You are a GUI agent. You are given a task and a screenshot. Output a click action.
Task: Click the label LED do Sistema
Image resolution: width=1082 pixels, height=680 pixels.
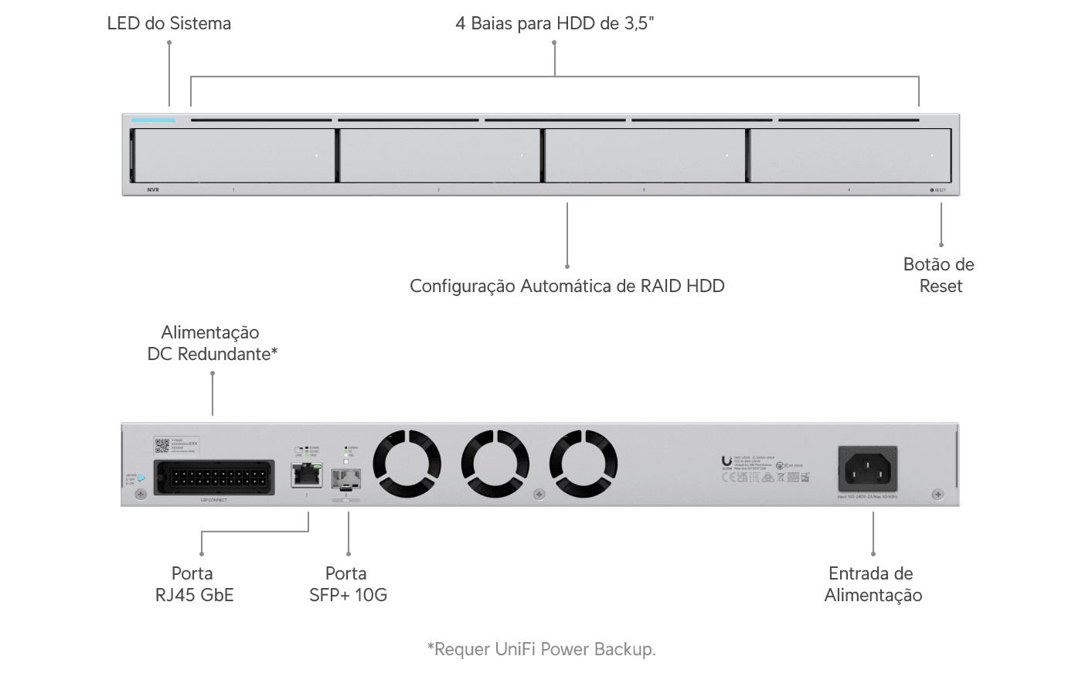point(168,23)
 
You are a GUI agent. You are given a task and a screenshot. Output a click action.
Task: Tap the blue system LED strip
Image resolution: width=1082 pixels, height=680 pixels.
point(153,120)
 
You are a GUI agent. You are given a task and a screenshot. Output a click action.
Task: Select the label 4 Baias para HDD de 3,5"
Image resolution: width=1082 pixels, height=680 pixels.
point(555,23)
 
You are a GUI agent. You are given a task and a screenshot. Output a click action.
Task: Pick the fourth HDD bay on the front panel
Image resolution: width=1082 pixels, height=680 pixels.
point(849,155)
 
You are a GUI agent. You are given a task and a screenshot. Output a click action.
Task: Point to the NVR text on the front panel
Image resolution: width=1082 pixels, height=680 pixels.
point(152,189)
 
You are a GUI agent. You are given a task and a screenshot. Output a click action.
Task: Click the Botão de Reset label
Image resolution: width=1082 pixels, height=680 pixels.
point(939,275)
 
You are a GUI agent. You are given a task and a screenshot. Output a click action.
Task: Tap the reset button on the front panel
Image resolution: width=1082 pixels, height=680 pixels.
point(932,190)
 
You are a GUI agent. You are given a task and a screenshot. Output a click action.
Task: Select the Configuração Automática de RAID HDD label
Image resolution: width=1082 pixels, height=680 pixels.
point(567,286)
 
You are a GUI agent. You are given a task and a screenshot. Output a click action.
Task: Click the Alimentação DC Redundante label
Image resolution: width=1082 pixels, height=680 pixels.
point(212,343)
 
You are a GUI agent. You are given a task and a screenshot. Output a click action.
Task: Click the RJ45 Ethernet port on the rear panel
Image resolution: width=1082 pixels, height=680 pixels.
point(307,474)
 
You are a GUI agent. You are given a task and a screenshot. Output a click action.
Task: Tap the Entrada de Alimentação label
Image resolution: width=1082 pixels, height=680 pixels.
point(873,584)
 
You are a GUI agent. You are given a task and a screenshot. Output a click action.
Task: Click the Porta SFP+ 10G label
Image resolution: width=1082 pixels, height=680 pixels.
point(347,584)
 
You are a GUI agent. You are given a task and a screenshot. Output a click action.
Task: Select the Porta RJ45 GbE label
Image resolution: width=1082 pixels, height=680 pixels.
point(192,584)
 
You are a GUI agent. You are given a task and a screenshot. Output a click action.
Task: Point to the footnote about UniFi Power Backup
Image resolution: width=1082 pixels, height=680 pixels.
point(541,649)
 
